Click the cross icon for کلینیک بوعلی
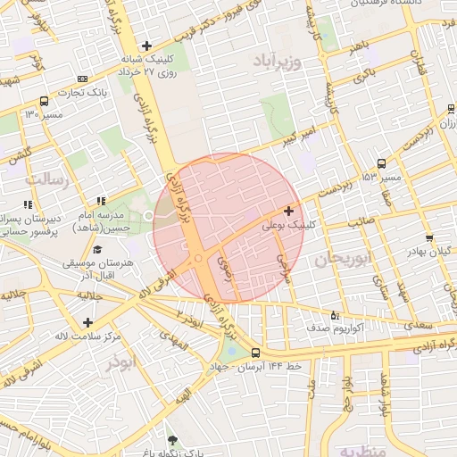(288, 212)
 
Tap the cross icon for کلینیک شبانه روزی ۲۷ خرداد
(147, 46)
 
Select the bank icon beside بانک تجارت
(83, 79)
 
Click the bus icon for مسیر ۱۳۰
(45, 102)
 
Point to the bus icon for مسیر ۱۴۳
(382, 164)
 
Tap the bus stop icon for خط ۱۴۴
(256, 353)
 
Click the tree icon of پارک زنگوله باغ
(171, 441)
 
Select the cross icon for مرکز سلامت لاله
(87, 321)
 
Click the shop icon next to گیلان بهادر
(430, 237)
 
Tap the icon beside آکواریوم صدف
(335, 315)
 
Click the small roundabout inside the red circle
(198, 259)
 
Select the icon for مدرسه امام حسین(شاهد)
(100, 203)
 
